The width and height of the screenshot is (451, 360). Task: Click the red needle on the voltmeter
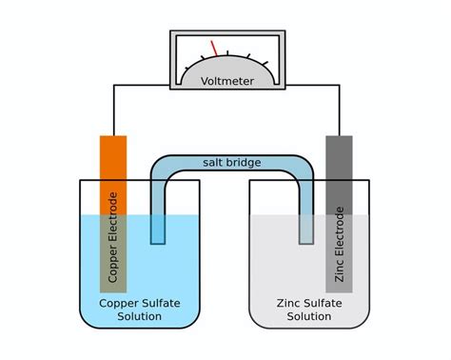(215, 48)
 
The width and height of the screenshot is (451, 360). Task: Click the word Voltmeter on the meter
(226, 81)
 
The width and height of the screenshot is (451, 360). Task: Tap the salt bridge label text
(231, 163)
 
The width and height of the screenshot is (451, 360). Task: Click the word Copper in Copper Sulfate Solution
(119, 304)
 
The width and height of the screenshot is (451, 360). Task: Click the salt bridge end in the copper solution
(158, 229)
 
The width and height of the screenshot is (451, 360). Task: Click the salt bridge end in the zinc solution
(305, 229)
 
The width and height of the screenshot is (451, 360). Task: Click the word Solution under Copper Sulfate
(140, 317)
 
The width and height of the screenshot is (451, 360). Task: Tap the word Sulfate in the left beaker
(161, 304)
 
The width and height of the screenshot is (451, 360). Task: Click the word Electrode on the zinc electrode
(339, 230)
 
